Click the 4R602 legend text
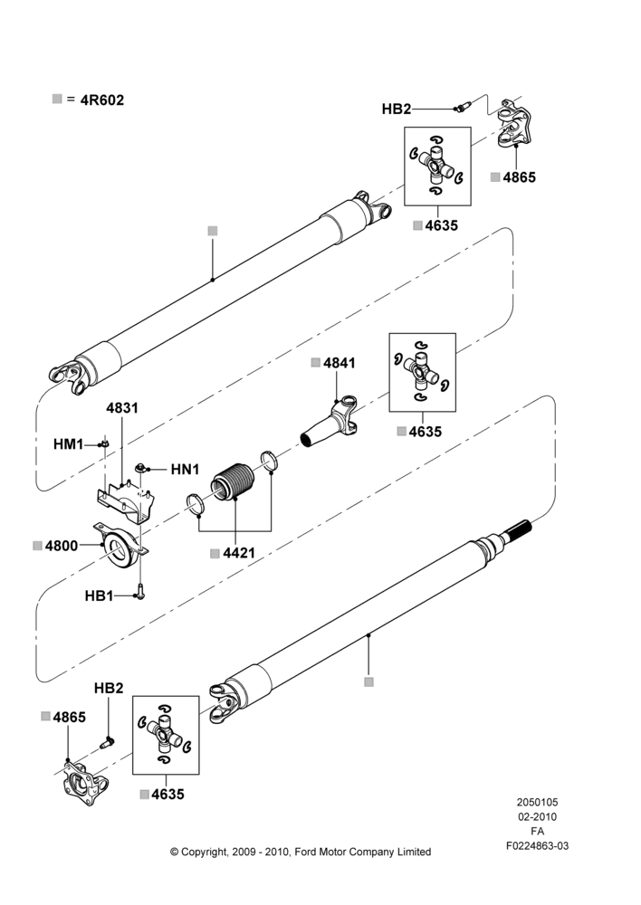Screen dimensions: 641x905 [102, 100]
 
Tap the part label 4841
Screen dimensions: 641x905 [340, 363]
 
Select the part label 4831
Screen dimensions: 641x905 [122, 408]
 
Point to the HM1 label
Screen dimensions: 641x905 [69, 444]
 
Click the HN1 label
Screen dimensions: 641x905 [185, 470]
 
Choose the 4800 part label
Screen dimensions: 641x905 [62, 546]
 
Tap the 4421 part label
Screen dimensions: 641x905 [239, 553]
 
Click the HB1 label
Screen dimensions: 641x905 [100, 596]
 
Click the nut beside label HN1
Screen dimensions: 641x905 [140, 467]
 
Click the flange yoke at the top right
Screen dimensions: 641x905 [514, 123]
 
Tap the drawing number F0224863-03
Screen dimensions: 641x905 [537, 846]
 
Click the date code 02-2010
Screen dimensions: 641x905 [537, 816]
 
